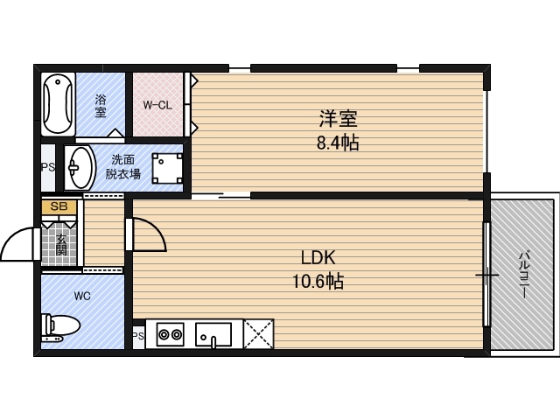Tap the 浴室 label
click(x=101, y=106)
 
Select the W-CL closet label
click(x=157, y=106)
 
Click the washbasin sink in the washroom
click(x=81, y=166)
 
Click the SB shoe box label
click(x=59, y=206)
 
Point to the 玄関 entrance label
click(x=61, y=243)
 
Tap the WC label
click(x=82, y=296)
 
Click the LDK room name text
click(x=317, y=259)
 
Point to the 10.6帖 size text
click(x=317, y=282)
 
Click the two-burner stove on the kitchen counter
click(x=169, y=333)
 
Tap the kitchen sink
click(x=213, y=333)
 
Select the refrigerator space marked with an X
click(x=257, y=333)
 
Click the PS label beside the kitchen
click(x=137, y=335)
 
